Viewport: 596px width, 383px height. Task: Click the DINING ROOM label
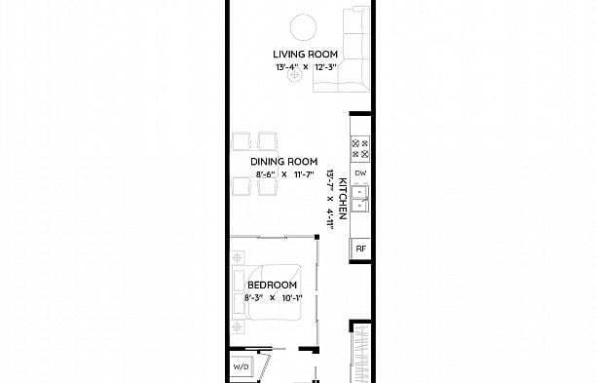tap(283, 162)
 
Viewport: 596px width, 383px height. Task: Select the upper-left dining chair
tap(242, 141)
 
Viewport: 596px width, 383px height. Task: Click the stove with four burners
tap(359, 148)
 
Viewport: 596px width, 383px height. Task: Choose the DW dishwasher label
tap(360, 173)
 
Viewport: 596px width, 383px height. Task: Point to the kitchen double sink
tap(360, 199)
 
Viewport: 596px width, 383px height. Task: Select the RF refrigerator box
tap(360, 249)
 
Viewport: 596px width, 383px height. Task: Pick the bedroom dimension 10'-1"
tap(291, 297)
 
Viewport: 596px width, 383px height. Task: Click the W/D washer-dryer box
tap(242, 368)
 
